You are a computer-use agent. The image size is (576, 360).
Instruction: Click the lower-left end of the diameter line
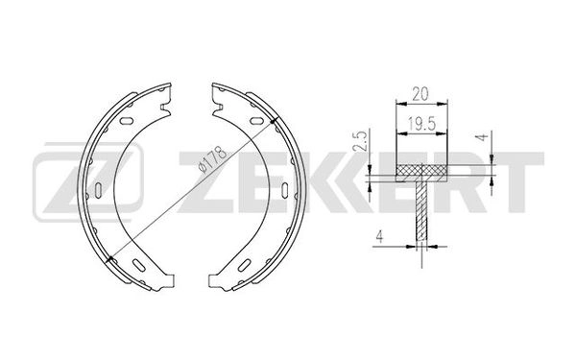[x=111, y=256]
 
